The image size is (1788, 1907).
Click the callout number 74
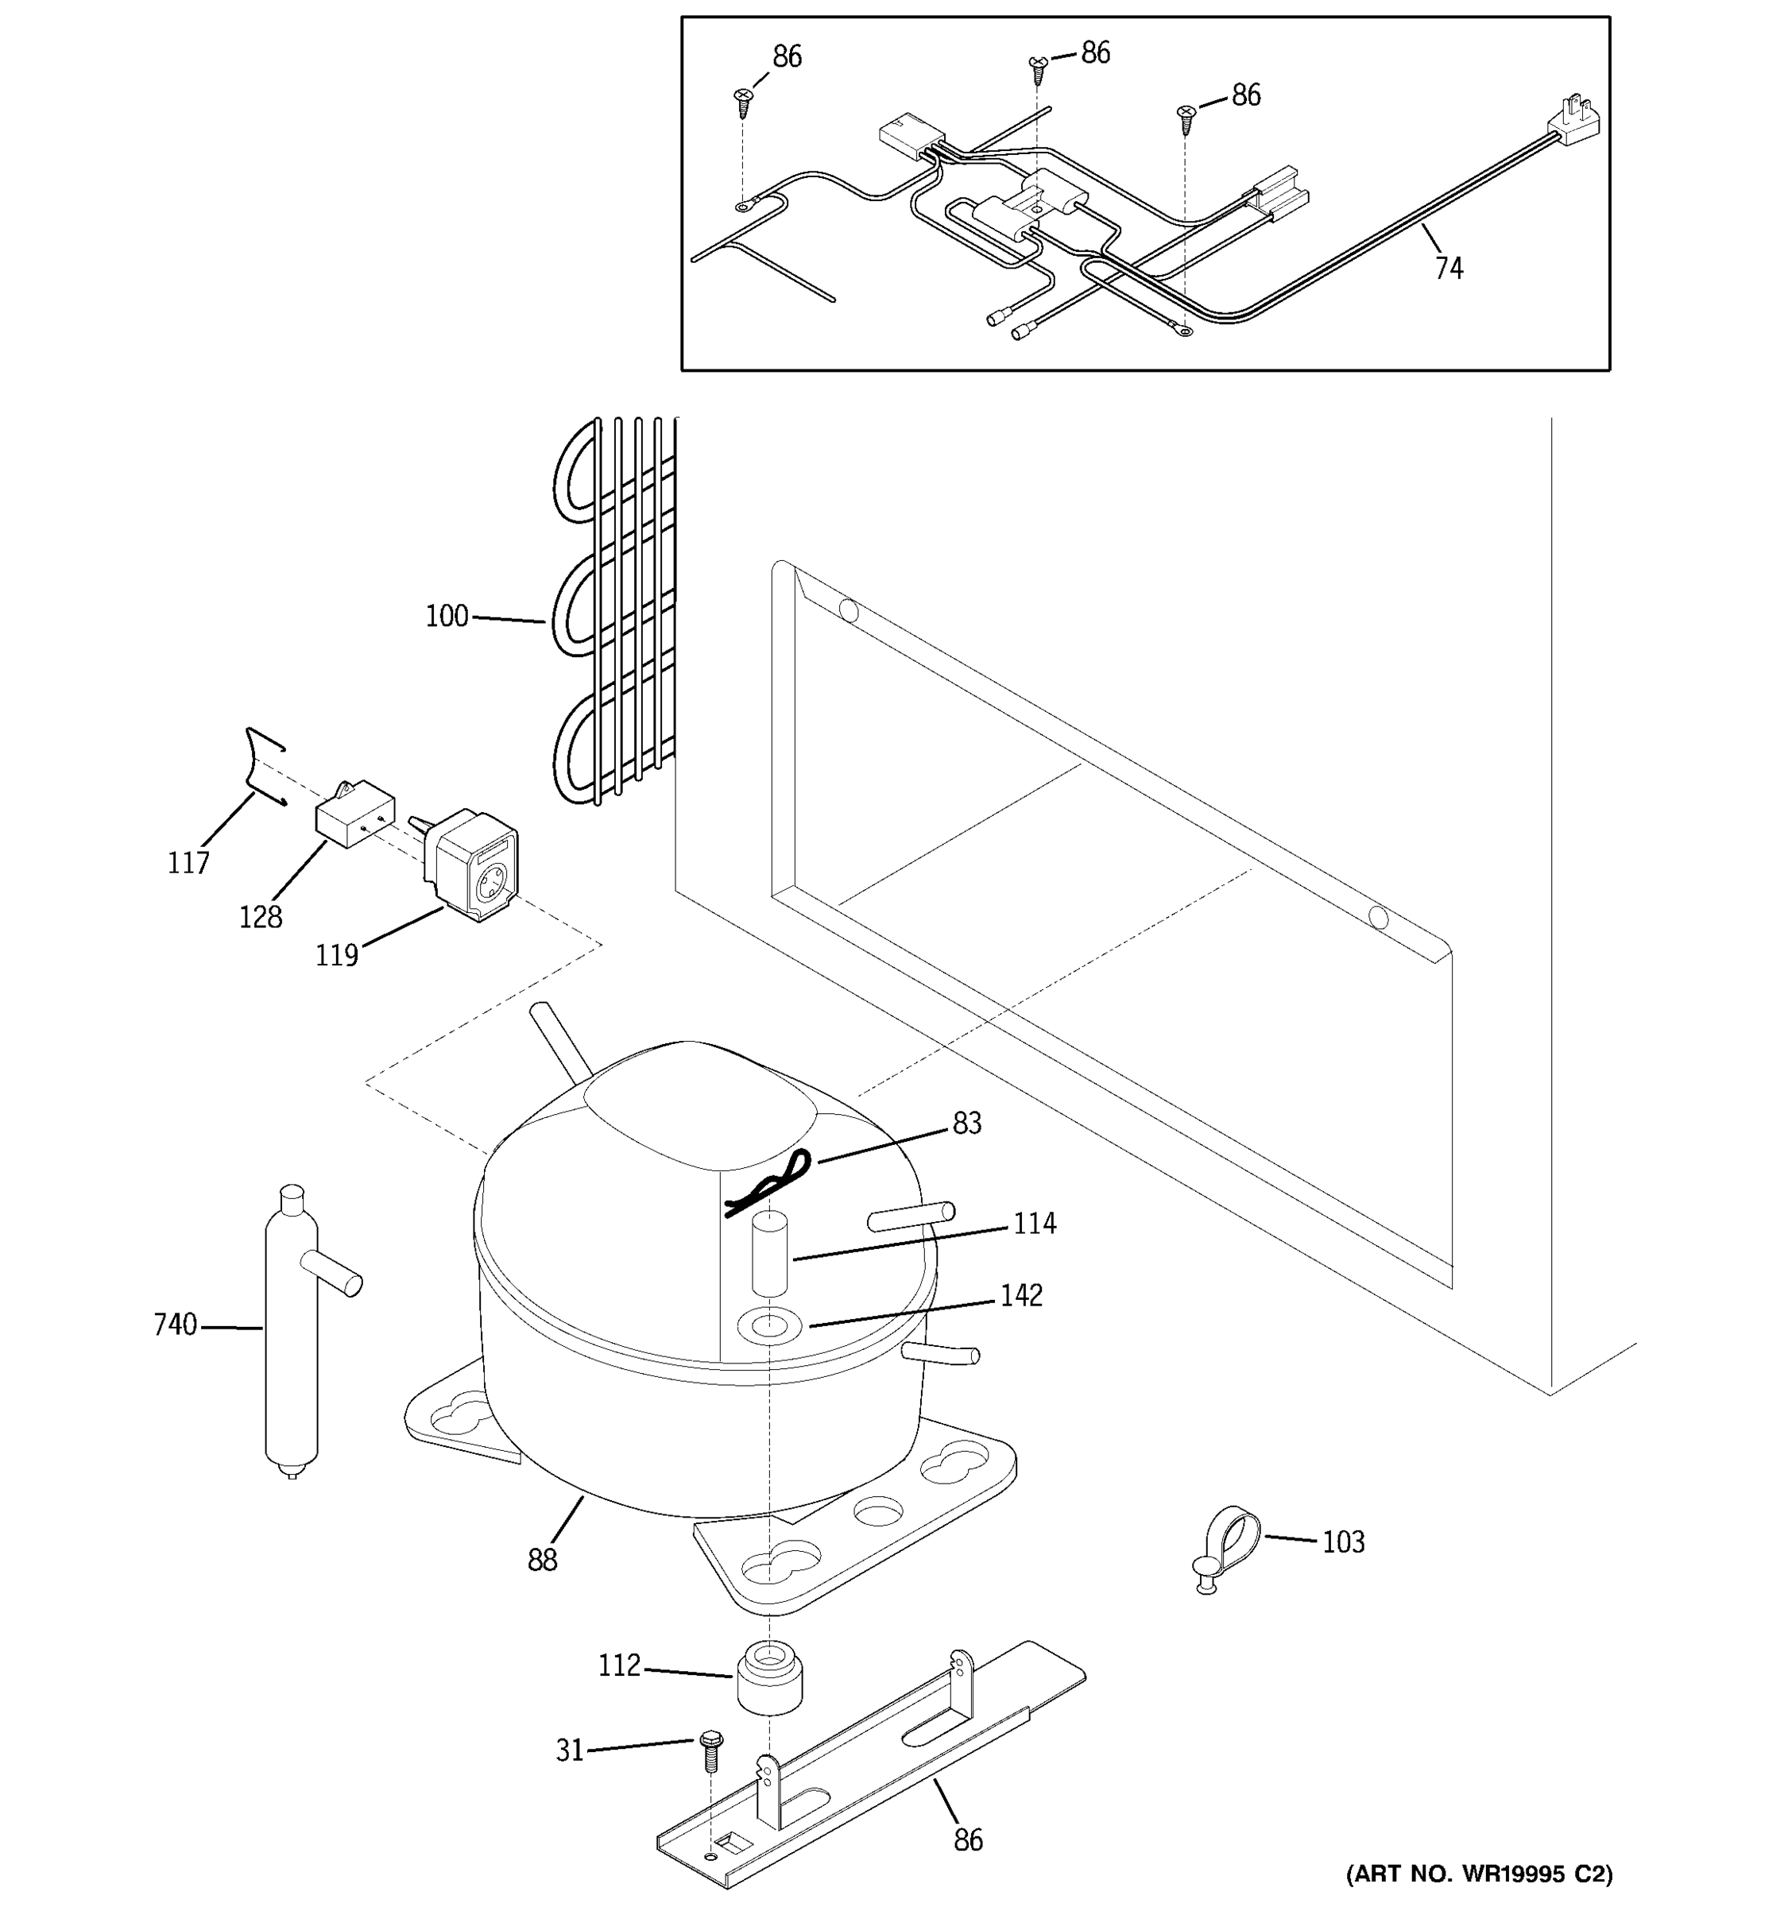coord(1449,268)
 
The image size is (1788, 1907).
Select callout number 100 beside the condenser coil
coord(447,616)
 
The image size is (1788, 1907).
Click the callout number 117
coord(188,864)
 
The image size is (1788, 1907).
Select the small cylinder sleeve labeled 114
coord(769,1254)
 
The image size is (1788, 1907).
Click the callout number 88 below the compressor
coord(542,1561)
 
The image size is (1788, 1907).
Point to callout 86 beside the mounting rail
coord(968,1839)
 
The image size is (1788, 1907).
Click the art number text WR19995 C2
coord(1479,1874)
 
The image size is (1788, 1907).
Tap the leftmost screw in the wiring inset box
coord(742,100)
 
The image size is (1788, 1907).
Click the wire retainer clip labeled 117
coord(261,768)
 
